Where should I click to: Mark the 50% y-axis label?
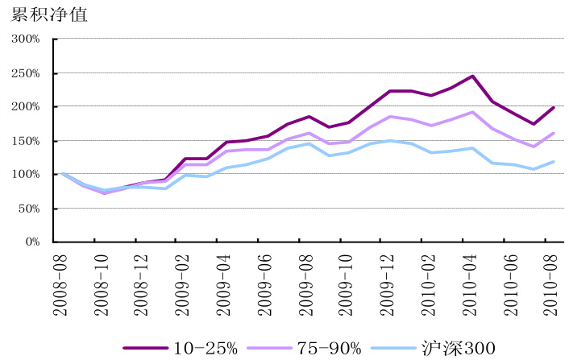pos(27,208)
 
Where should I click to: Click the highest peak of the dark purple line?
pos(472,76)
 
